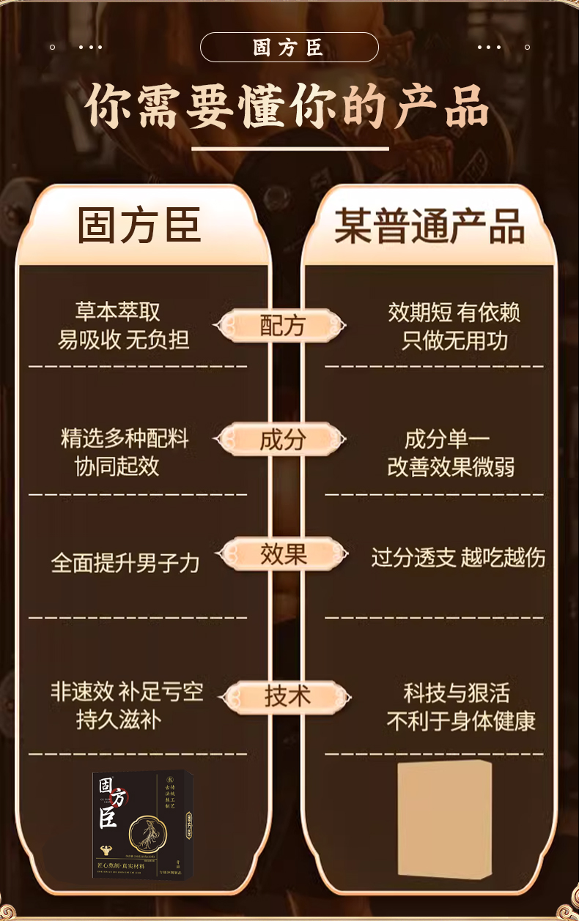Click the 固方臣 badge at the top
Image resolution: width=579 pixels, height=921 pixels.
(289, 48)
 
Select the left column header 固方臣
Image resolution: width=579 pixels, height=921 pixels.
(139, 225)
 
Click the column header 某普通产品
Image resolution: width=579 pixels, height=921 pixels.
(429, 225)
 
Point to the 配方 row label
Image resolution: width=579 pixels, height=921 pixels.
(282, 326)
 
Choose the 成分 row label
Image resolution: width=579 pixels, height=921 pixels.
(282, 440)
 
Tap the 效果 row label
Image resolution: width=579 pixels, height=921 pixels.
(283, 554)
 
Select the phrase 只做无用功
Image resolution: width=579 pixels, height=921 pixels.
(454, 340)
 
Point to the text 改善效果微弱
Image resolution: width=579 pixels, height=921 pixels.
(451, 467)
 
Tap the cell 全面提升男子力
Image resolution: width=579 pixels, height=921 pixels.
(125, 562)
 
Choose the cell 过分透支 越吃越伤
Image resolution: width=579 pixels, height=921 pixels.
(458, 558)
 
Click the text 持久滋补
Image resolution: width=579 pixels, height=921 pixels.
(119, 719)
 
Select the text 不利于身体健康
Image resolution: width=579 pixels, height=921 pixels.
(461, 720)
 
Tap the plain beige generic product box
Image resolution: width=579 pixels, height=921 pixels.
(444, 818)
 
